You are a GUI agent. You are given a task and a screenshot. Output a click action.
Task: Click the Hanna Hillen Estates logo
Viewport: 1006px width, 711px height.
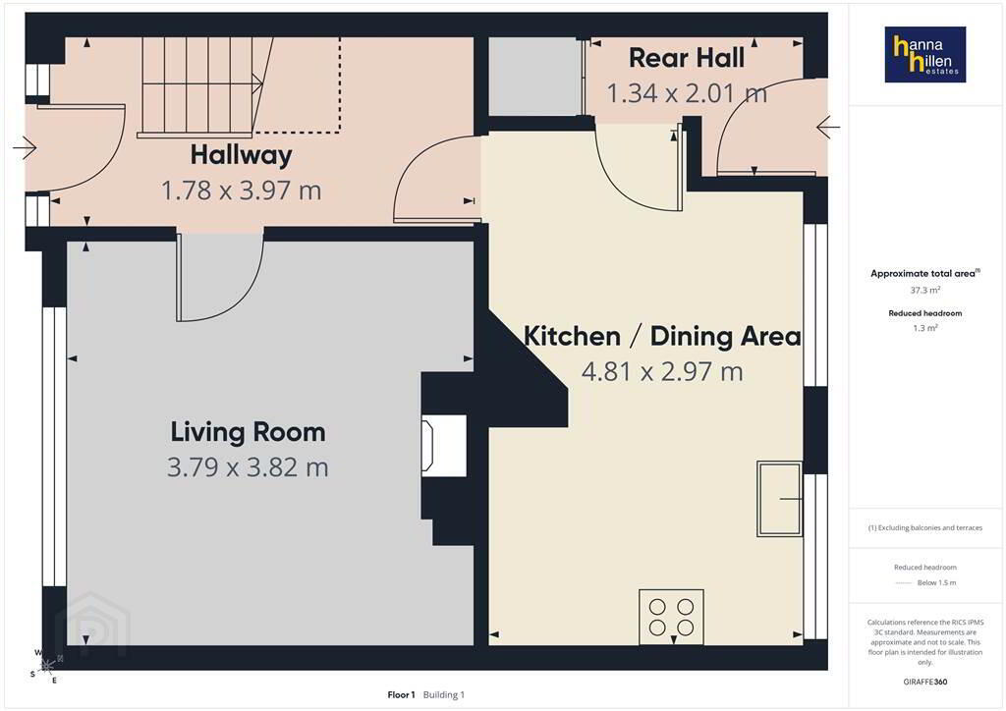(x=925, y=54)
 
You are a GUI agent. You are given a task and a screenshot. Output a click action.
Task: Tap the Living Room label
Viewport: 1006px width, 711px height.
(x=248, y=432)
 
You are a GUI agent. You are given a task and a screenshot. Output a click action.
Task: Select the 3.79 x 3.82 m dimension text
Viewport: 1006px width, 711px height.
(x=248, y=467)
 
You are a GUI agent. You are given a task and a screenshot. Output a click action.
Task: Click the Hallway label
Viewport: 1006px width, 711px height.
(x=242, y=155)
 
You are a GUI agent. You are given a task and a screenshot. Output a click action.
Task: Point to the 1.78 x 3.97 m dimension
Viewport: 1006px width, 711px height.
(x=242, y=191)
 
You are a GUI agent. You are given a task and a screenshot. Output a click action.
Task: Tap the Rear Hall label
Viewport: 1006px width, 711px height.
(x=687, y=58)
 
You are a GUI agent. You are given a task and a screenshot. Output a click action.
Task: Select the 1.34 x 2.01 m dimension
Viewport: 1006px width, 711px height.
(x=687, y=93)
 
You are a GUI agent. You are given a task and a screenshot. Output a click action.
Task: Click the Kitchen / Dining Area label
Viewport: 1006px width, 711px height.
(x=662, y=336)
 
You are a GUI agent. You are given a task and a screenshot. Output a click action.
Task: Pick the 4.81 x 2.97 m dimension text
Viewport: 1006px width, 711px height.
(x=662, y=371)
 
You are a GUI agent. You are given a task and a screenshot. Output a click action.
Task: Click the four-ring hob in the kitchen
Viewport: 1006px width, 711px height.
(x=671, y=617)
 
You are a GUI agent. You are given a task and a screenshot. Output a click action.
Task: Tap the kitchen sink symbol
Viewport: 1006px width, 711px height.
(x=779, y=498)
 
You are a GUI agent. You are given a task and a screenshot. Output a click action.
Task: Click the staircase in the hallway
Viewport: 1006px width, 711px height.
(x=238, y=85)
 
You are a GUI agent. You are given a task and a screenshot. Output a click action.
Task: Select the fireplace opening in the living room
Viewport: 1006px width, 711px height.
(x=443, y=446)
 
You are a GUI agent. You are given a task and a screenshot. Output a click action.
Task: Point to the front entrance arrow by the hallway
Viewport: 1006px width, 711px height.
(x=25, y=148)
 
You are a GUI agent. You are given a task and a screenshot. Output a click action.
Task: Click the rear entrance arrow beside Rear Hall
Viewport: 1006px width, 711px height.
(x=827, y=128)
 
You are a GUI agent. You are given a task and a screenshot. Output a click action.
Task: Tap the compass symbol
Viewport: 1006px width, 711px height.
(x=45, y=666)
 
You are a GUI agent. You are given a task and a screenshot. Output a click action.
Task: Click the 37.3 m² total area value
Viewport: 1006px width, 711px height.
(x=925, y=290)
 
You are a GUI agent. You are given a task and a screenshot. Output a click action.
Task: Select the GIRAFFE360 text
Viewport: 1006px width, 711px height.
(x=925, y=682)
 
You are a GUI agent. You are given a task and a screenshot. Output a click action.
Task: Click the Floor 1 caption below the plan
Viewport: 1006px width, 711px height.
(x=401, y=695)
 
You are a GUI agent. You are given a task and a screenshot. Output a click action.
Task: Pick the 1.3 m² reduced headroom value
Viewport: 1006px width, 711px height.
(x=925, y=328)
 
